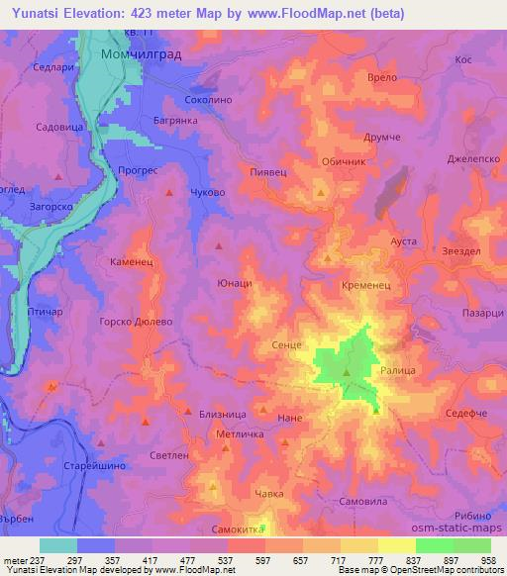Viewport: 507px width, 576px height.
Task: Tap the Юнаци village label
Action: click(234, 283)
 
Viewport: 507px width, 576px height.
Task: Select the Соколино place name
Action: click(209, 100)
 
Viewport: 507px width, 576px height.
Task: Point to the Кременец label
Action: click(367, 283)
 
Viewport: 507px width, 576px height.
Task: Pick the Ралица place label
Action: click(400, 365)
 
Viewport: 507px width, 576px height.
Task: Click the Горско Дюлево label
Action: click(137, 322)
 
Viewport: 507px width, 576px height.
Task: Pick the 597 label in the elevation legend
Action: click(264, 560)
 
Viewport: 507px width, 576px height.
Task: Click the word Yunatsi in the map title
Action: click(37, 14)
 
